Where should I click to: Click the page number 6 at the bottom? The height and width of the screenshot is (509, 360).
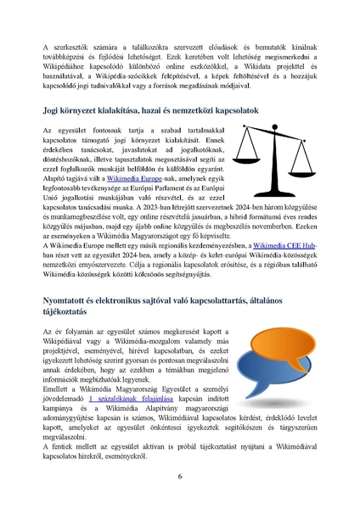click(180, 476)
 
